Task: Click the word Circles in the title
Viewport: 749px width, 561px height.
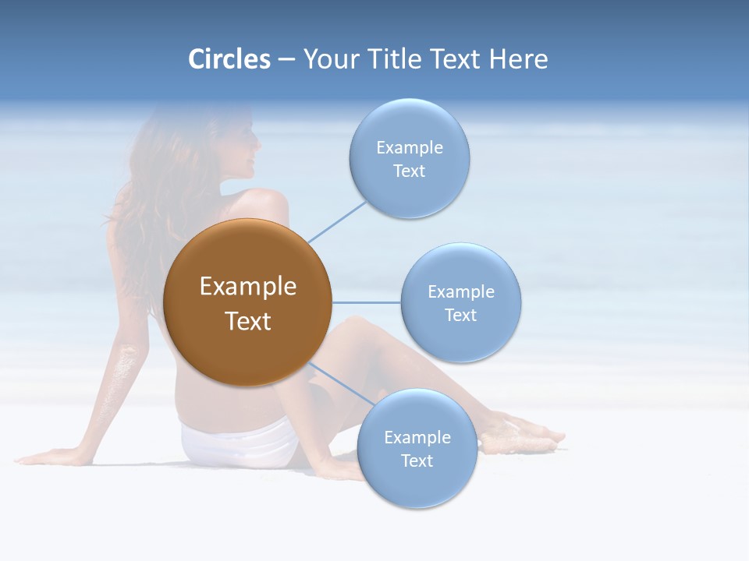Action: (x=229, y=59)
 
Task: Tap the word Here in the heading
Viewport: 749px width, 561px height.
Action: (x=518, y=59)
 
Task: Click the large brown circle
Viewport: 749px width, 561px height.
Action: (x=247, y=302)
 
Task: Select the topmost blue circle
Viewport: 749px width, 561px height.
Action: (x=409, y=158)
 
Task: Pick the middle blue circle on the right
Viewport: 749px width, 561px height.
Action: (x=460, y=302)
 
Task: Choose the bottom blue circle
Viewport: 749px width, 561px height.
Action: (x=417, y=449)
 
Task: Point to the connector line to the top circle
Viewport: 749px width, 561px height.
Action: (x=337, y=221)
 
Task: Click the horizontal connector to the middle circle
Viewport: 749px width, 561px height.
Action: (x=366, y=302)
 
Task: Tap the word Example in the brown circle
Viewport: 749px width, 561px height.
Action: (x=248, y=287)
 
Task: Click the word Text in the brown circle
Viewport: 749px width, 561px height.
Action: (x=248, y=321)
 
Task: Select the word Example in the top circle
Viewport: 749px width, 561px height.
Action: (x=410, y=147)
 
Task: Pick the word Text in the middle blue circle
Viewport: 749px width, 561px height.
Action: (x=460, y=315)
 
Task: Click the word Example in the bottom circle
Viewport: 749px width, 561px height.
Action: (x=417, y=437)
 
